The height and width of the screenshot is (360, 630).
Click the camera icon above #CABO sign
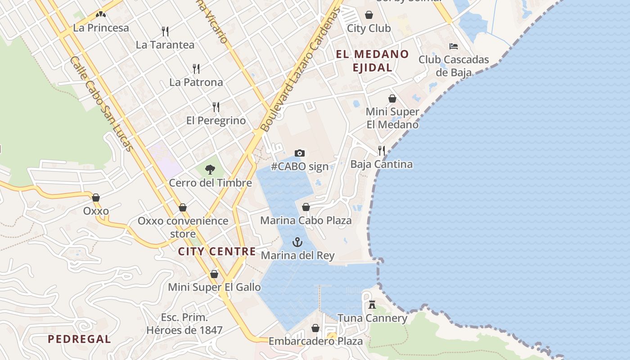coord(299,153)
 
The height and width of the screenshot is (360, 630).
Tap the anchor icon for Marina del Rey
coord(297,242)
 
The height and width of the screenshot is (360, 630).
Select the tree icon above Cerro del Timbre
coord(210,170)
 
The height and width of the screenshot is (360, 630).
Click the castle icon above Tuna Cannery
coord(372,305)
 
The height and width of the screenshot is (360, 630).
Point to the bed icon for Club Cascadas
coord(453,46)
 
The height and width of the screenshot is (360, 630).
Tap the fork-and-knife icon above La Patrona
coord(196,68)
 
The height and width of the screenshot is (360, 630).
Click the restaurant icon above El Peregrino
coord(216,107)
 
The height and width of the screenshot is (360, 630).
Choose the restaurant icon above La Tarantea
coord(165,31)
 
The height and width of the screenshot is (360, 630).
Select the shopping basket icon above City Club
coord(369,15)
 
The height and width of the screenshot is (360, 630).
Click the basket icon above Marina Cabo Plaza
coord(306,207)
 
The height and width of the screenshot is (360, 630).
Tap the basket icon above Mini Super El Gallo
coord(214,274)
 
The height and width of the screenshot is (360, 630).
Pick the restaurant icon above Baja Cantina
coord(381,150)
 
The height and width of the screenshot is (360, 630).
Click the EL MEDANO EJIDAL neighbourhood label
coord(372,61)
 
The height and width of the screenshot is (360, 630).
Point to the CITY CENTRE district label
coord(217,252)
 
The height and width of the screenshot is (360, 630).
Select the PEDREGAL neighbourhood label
coord(79,339)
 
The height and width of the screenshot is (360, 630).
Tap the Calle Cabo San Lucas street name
coord(101,103)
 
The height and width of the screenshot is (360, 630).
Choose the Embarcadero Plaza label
coord(315,341)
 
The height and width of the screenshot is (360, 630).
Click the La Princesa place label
coord(101,28)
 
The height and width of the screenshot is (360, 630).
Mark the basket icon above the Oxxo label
coord(95,197)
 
